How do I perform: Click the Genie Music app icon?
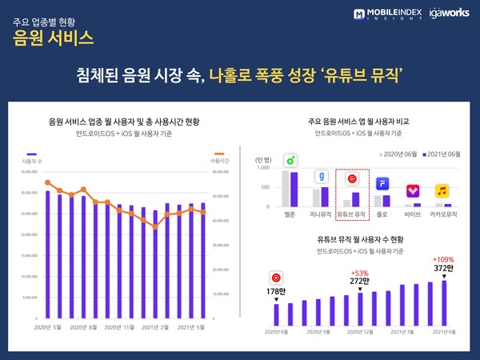[320, 176]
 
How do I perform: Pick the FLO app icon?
[382, 184]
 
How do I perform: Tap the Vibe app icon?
[413, 191]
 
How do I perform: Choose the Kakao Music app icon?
[442, 191]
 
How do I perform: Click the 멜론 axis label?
[289, 214]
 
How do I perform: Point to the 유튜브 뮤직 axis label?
[351, 214]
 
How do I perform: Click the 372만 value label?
[445, 269]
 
